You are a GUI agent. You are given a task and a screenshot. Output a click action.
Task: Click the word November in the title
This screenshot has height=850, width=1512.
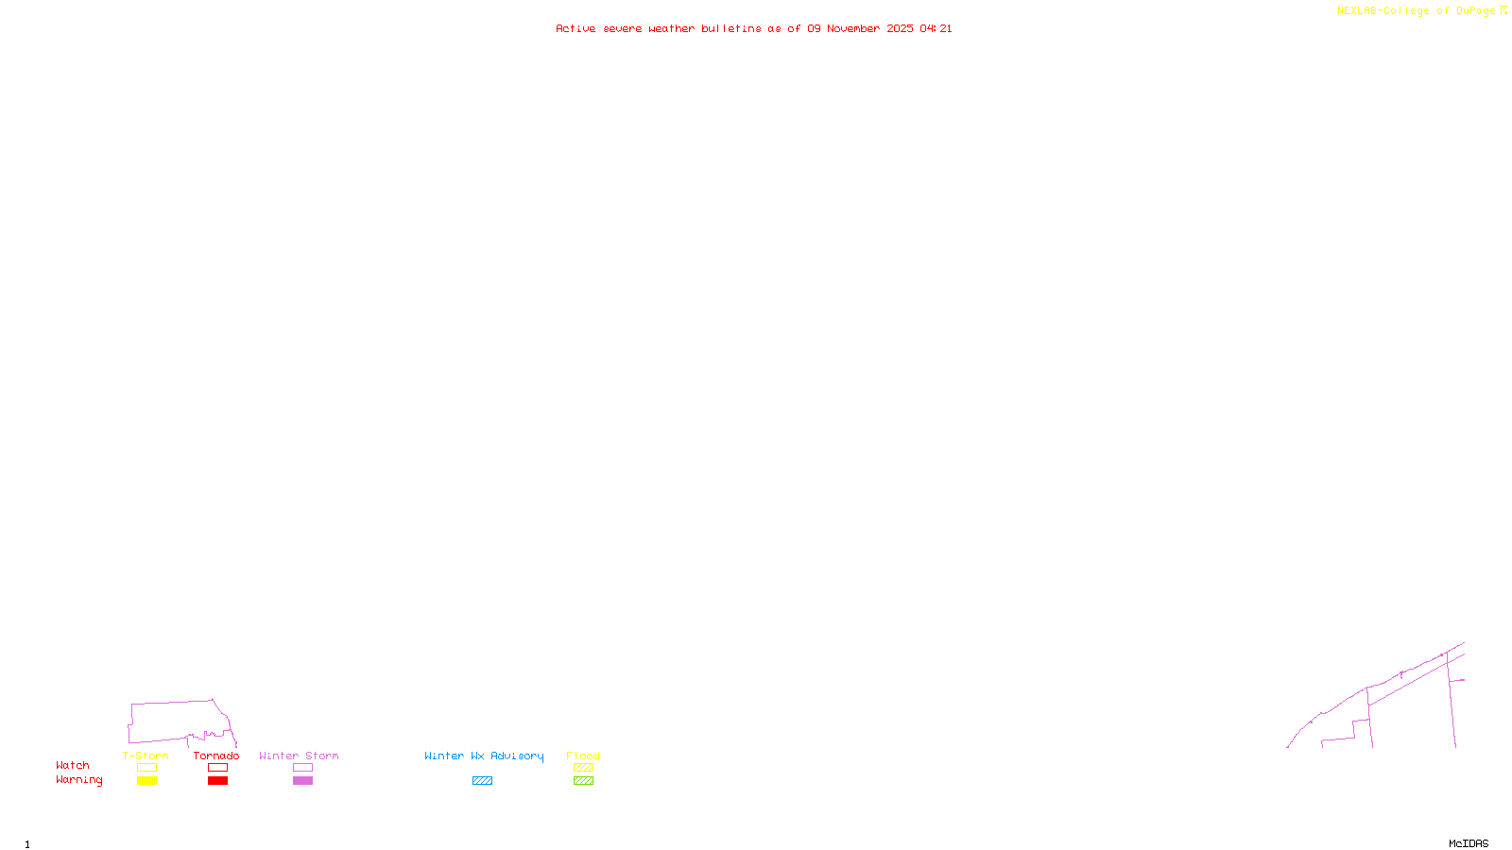pos(853,28)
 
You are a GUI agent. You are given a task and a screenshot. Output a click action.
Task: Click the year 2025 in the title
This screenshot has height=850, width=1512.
pos(900,28)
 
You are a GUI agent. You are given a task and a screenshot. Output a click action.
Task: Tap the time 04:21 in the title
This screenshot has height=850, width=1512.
pos(936,28)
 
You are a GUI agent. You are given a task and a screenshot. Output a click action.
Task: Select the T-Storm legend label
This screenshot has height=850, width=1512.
pos(146,756)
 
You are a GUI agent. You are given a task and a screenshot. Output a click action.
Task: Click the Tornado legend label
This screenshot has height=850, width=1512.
pos(216,756)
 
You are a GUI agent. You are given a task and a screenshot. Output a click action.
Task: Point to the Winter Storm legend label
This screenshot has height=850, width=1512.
pos(299,756)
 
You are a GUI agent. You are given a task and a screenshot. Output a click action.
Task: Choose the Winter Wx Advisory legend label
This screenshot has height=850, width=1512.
pos(484,756)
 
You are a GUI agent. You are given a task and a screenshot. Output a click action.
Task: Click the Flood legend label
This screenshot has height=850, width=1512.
pos(583,756)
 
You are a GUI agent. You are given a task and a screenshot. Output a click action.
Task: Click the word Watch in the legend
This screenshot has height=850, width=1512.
pos(73,765)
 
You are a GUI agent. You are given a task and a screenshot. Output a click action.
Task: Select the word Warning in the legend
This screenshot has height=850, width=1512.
pos(78,780)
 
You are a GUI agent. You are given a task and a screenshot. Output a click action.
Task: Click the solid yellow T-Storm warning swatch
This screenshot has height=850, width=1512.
pos(146,781)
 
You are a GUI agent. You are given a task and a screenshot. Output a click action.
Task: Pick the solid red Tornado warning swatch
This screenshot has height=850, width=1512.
pos(217,781)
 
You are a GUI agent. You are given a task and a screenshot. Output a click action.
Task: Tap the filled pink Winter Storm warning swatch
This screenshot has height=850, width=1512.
pos(302,781)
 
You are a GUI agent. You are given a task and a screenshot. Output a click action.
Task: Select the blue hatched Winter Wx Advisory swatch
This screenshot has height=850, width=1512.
pos(482,781)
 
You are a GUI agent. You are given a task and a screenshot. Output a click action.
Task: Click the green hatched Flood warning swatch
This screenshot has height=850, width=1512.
pos(583,781)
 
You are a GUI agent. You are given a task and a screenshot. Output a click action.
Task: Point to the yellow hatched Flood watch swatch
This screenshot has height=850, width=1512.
pos(583,768)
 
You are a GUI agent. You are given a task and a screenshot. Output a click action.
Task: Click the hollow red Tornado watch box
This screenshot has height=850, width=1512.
pos(217,768)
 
